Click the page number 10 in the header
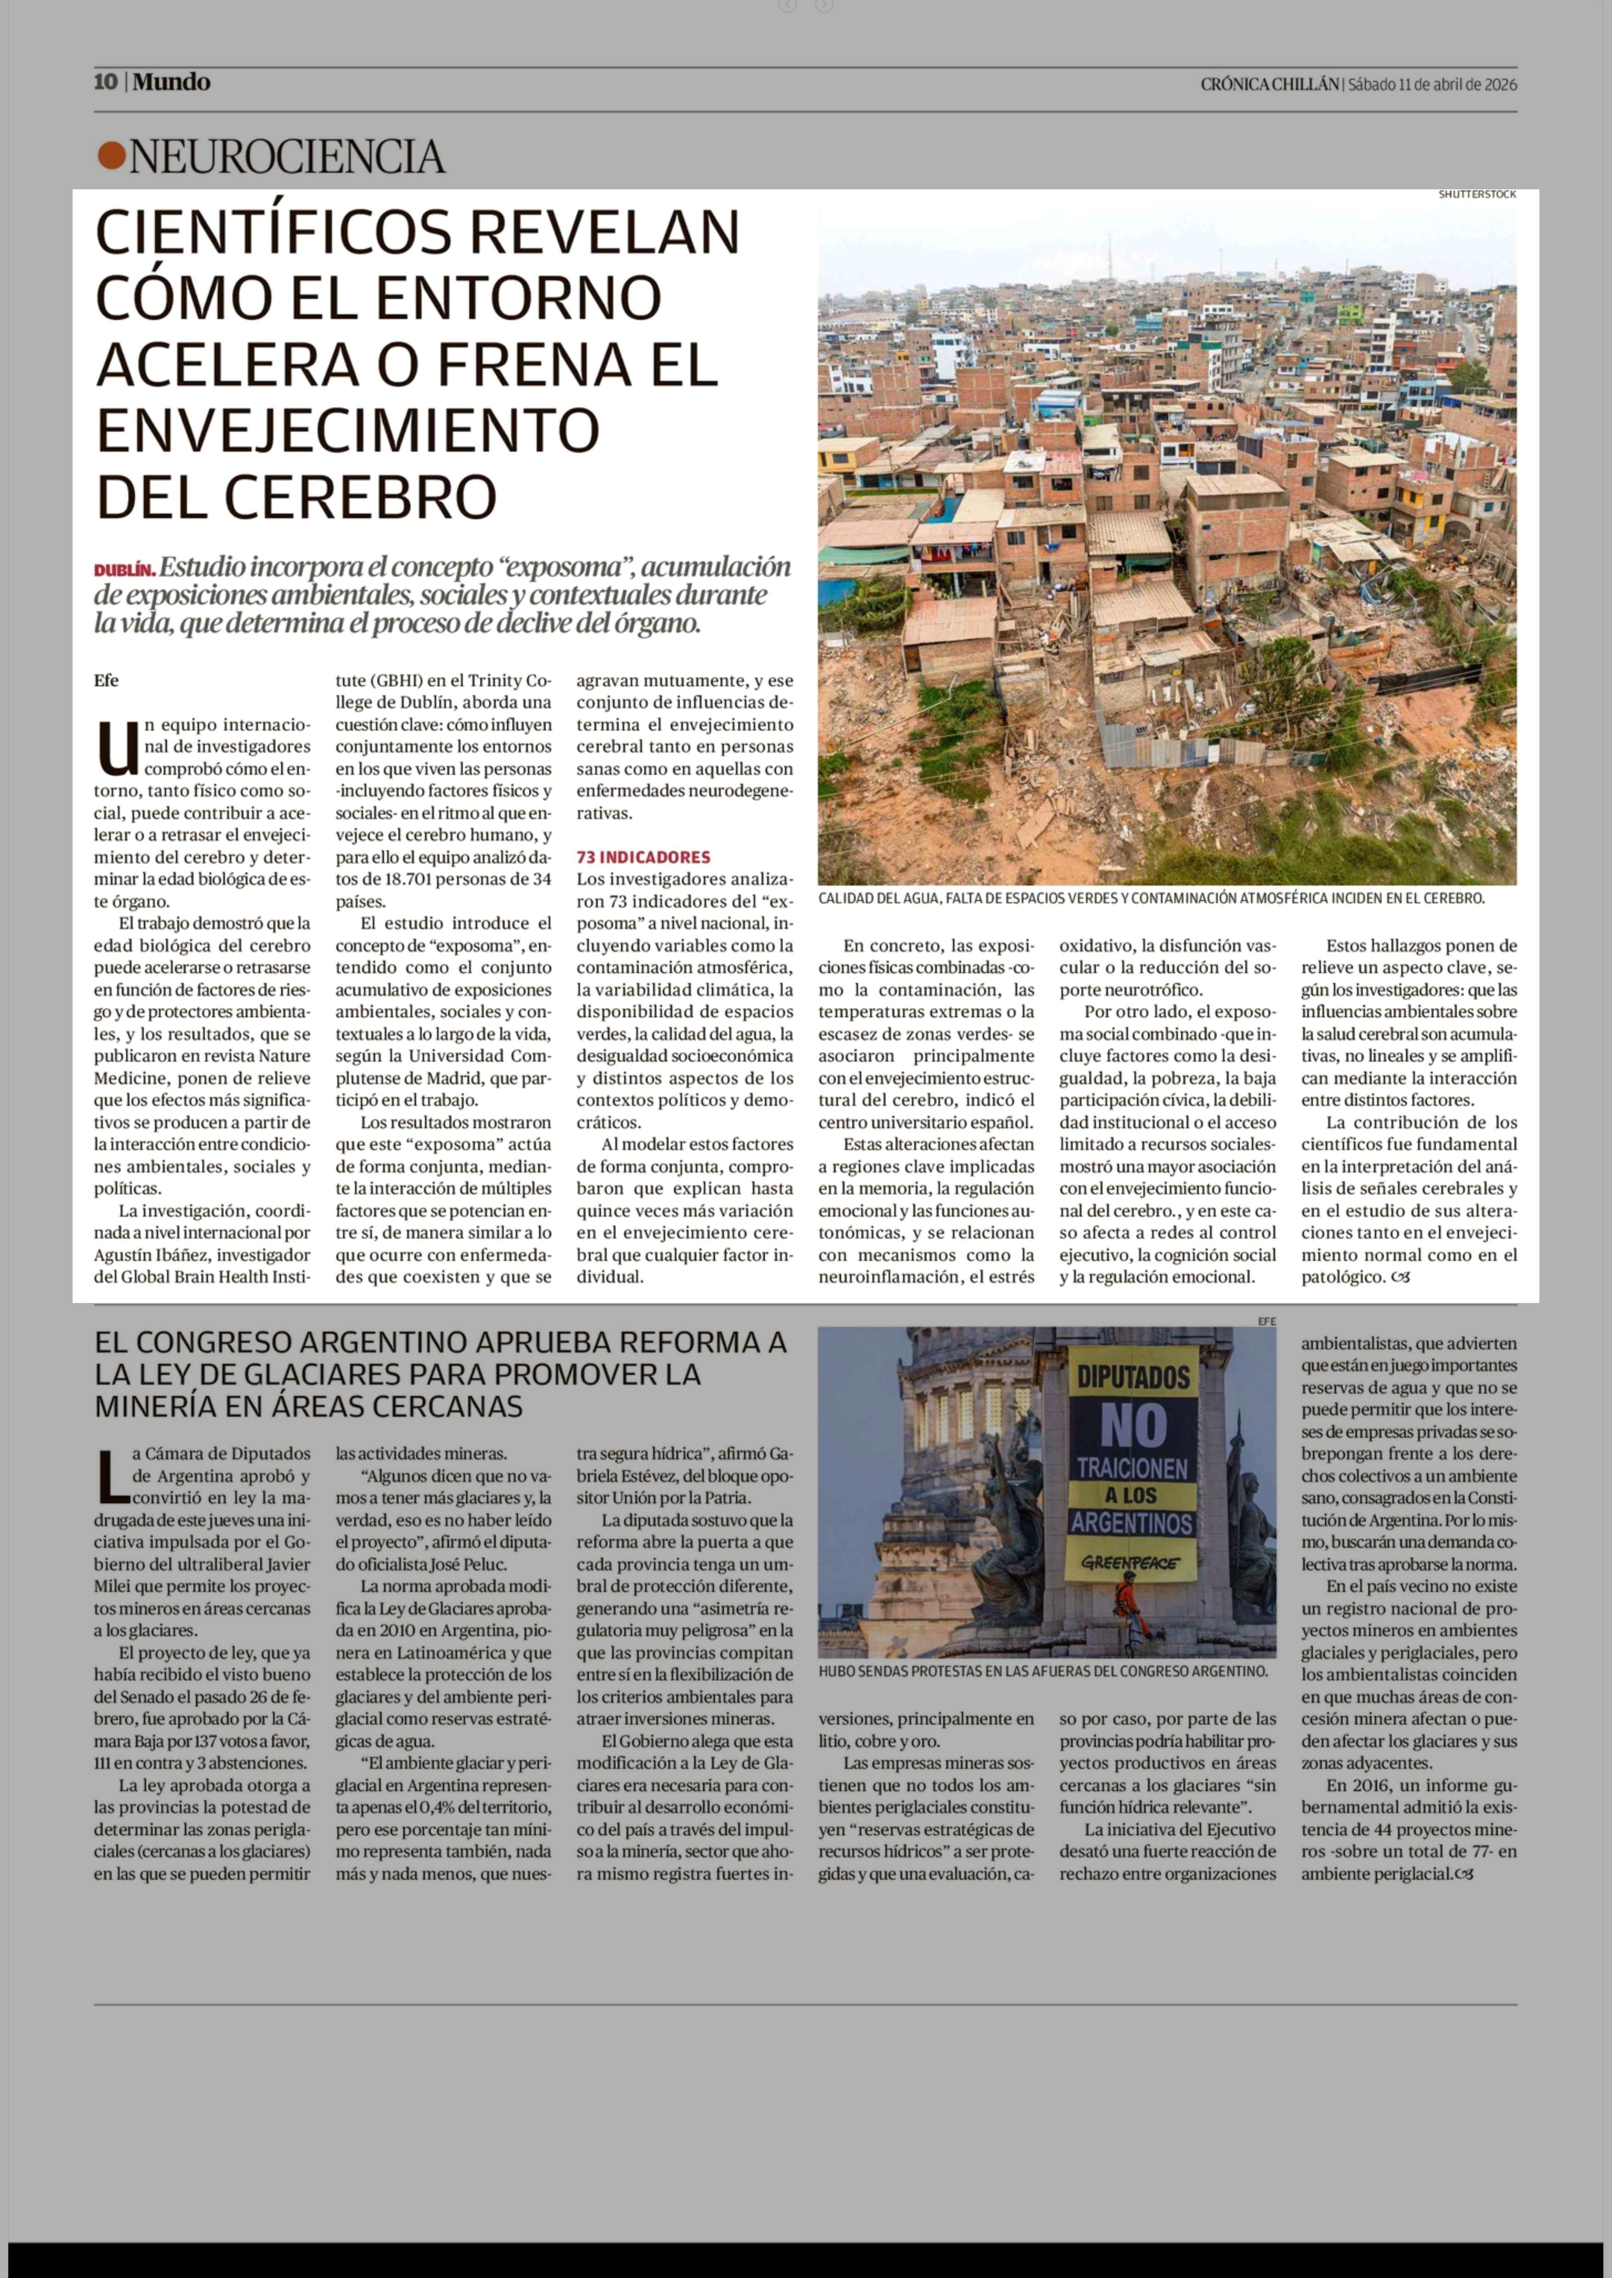[x=105, y=82]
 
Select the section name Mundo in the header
[x=172, y=82]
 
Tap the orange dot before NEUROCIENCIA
[x=111, y=156]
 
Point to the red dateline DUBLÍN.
[x=124, y=571]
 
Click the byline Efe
[x=106, y=680]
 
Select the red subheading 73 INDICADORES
[x=643, y=856]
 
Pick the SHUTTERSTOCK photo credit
[x=1477, y=194]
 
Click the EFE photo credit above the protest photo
[x=1266, y=1321]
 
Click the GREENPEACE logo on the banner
[x=1130, y=1562]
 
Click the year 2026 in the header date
[x=1500, y=85]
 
